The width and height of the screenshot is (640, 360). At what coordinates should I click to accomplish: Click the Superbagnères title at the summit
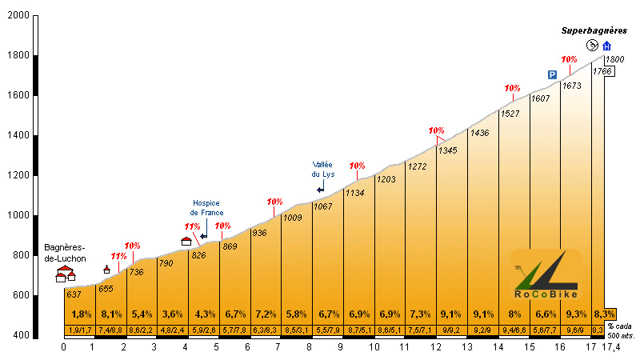click(594, 30)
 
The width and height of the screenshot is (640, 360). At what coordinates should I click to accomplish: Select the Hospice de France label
click(205, 208)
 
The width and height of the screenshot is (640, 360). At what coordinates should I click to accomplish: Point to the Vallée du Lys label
click(322, 169)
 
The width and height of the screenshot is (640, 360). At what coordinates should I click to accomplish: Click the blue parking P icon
click(552, 74)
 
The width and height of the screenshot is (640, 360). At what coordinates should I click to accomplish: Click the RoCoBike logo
click(544, 276)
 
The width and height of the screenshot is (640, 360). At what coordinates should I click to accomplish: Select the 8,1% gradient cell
click(110, 314)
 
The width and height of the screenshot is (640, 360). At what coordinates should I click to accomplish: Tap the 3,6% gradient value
click(173, 314)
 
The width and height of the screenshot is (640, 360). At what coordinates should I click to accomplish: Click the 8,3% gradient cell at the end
click(604, 314)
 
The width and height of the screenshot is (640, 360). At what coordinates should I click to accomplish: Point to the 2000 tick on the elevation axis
click(17, 16)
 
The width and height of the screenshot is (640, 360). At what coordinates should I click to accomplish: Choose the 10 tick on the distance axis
click(374, 347)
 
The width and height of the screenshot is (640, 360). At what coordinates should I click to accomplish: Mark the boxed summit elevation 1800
click(614, 60)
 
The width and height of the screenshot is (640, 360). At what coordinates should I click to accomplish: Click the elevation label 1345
click(447, 150)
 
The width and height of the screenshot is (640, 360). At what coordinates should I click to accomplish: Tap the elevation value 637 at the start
click(74, 295)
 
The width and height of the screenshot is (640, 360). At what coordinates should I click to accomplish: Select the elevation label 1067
click(322, 206)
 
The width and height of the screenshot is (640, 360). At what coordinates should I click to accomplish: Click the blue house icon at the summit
click(606, 46)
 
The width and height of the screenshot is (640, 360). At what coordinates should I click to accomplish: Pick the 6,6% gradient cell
click(545, 314)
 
